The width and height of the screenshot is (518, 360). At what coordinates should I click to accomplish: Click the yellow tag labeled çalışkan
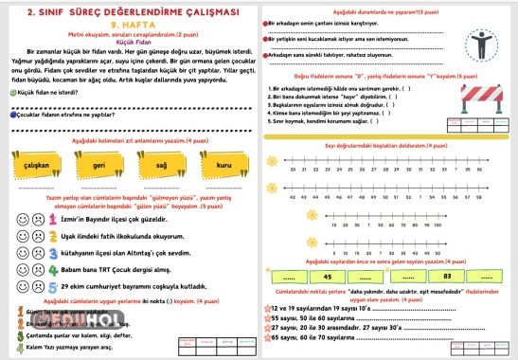point(37,165)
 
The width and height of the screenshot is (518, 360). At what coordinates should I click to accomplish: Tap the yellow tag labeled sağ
point(161,165)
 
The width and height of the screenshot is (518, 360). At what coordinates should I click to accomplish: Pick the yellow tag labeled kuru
point(223,165)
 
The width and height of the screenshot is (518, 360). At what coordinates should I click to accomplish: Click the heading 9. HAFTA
point(128,26)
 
